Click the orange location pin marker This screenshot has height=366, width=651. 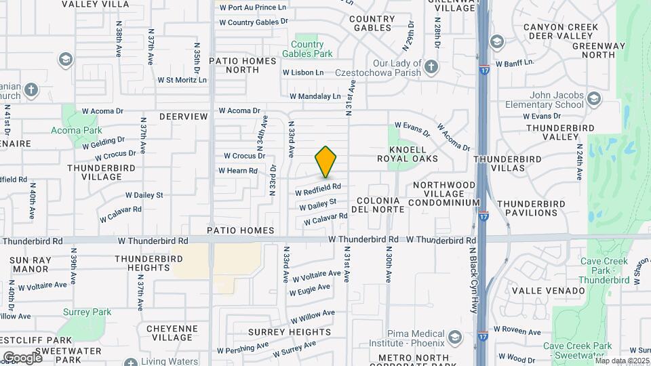pos(325,162)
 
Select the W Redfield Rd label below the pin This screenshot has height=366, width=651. pos(317,187)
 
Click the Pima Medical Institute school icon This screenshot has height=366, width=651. pos(454,338)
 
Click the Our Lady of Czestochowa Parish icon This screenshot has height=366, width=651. pos(432,66)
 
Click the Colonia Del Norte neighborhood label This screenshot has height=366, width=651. pos(380,205)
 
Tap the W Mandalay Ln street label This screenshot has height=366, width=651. pos(315,97)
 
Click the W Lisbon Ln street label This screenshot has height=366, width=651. pos(308,72)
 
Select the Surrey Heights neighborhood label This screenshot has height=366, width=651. pos(279,332)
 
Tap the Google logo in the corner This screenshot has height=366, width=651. pos(22,357)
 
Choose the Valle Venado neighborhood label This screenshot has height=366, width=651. pos(548,291)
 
